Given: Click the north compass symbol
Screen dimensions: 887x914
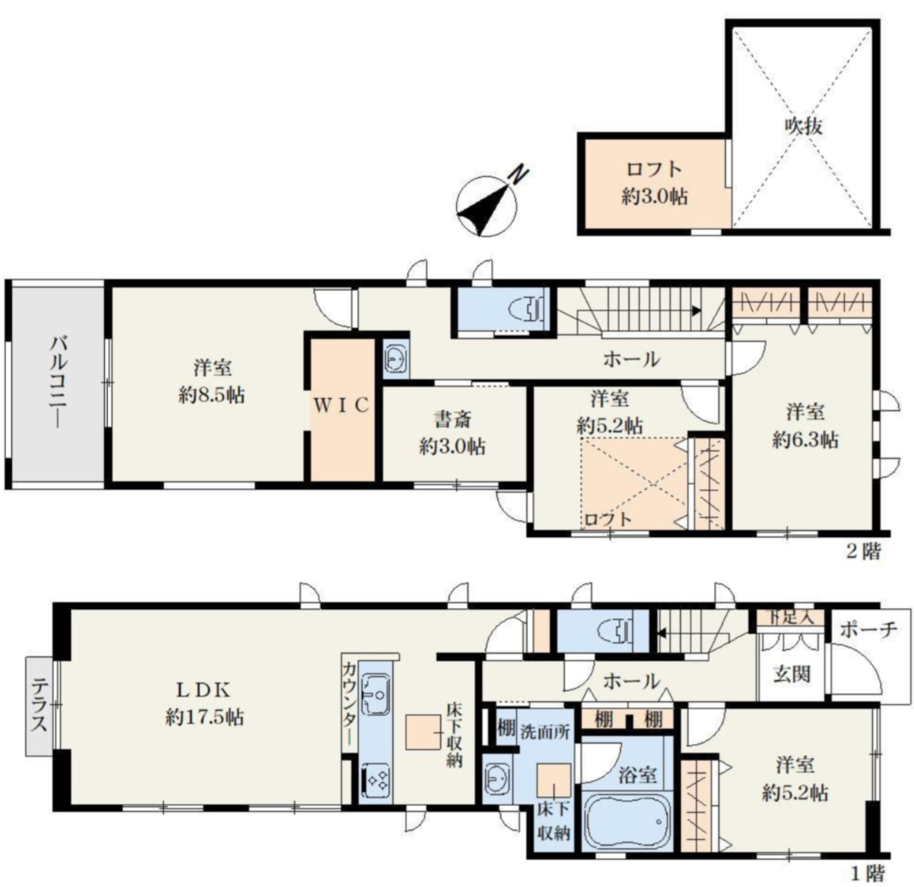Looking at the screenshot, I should click(488, 205).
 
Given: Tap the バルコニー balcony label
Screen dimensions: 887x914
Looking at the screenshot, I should click(58, 382).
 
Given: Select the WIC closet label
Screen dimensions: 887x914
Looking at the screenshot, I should click(341, 405).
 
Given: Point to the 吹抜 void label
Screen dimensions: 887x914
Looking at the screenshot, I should click(803, 126).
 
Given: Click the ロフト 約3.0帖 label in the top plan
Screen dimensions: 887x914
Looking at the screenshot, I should click(654, 184).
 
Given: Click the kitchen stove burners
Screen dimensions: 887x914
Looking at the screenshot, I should click(375, 781).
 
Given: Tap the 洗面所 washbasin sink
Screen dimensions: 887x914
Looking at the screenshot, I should click(497, 781).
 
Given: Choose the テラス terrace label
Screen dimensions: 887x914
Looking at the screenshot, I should click(39, 706).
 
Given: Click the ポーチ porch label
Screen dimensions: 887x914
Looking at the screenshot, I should click(868, 629).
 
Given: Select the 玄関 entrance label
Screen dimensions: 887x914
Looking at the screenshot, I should click(791, 673).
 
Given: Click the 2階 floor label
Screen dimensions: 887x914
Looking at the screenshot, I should click(864, 552).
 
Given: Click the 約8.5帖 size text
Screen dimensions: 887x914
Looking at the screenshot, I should click(212, 395).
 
